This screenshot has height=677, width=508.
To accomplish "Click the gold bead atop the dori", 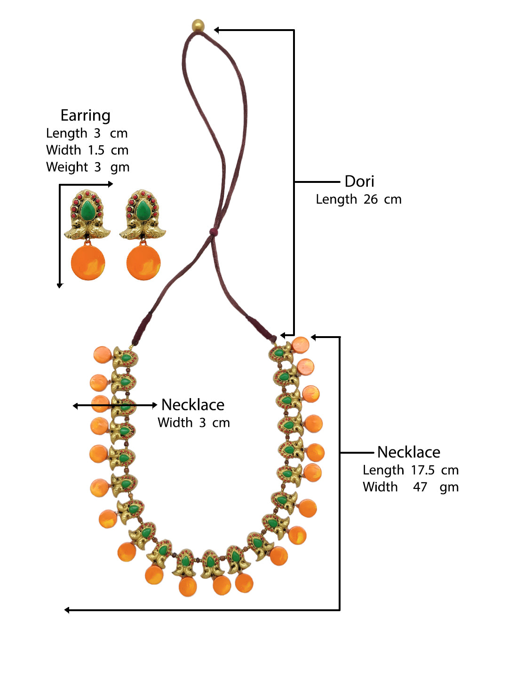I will [198, 25].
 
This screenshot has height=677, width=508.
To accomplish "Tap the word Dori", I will [359, 181].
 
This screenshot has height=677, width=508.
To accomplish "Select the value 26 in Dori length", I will [370, 199].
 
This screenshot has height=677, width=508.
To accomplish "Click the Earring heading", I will [85, 116].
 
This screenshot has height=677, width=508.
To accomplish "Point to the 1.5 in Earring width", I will [96, 150].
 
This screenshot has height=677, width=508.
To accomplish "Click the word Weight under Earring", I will [67, 167].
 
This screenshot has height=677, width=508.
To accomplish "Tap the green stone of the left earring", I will [87, 210].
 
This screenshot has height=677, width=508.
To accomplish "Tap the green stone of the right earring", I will [143, 210].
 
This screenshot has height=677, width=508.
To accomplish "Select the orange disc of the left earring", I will [88, 262].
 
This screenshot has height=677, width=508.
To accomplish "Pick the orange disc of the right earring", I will [143, 262].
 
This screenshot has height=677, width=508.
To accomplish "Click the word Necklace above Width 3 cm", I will [192, 405].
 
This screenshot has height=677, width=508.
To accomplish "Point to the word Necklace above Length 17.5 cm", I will [409, 452].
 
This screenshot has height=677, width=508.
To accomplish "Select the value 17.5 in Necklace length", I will [422, 470].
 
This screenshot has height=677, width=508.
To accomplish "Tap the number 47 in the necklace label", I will [420, 487].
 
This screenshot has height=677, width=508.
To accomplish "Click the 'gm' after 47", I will [449, 488].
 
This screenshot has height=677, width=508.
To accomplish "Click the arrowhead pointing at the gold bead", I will [217, 30].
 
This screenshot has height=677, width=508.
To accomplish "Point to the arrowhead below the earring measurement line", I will [60, 285].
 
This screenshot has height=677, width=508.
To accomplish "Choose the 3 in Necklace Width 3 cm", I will [202, 423].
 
